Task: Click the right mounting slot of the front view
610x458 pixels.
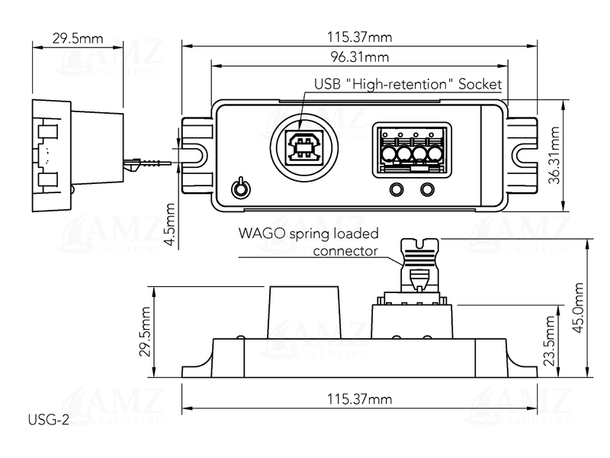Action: click(x=525, y=154)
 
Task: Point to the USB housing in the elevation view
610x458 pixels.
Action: click(x=303, y=311)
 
